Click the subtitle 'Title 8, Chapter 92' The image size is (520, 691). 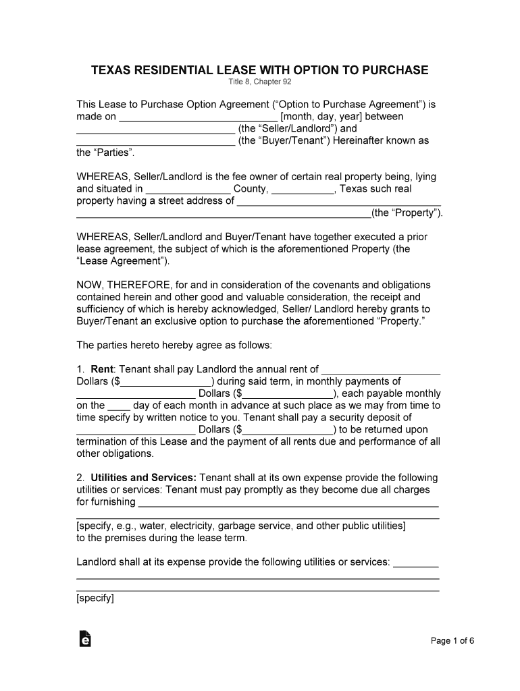[x=260, y=83]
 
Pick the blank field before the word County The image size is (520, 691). [x=188, y=190]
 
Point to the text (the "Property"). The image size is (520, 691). [x=407, y=213]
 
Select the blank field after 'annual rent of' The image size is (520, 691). [x=381, y=370]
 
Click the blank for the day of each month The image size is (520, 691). [x=119, y=406]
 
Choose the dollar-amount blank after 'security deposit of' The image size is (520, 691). [x=286, y=430]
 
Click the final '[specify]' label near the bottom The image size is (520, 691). [x=95, y=598]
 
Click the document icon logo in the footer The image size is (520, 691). [x=85, y=639]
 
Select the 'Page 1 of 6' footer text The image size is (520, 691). [x=452, y=641]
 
